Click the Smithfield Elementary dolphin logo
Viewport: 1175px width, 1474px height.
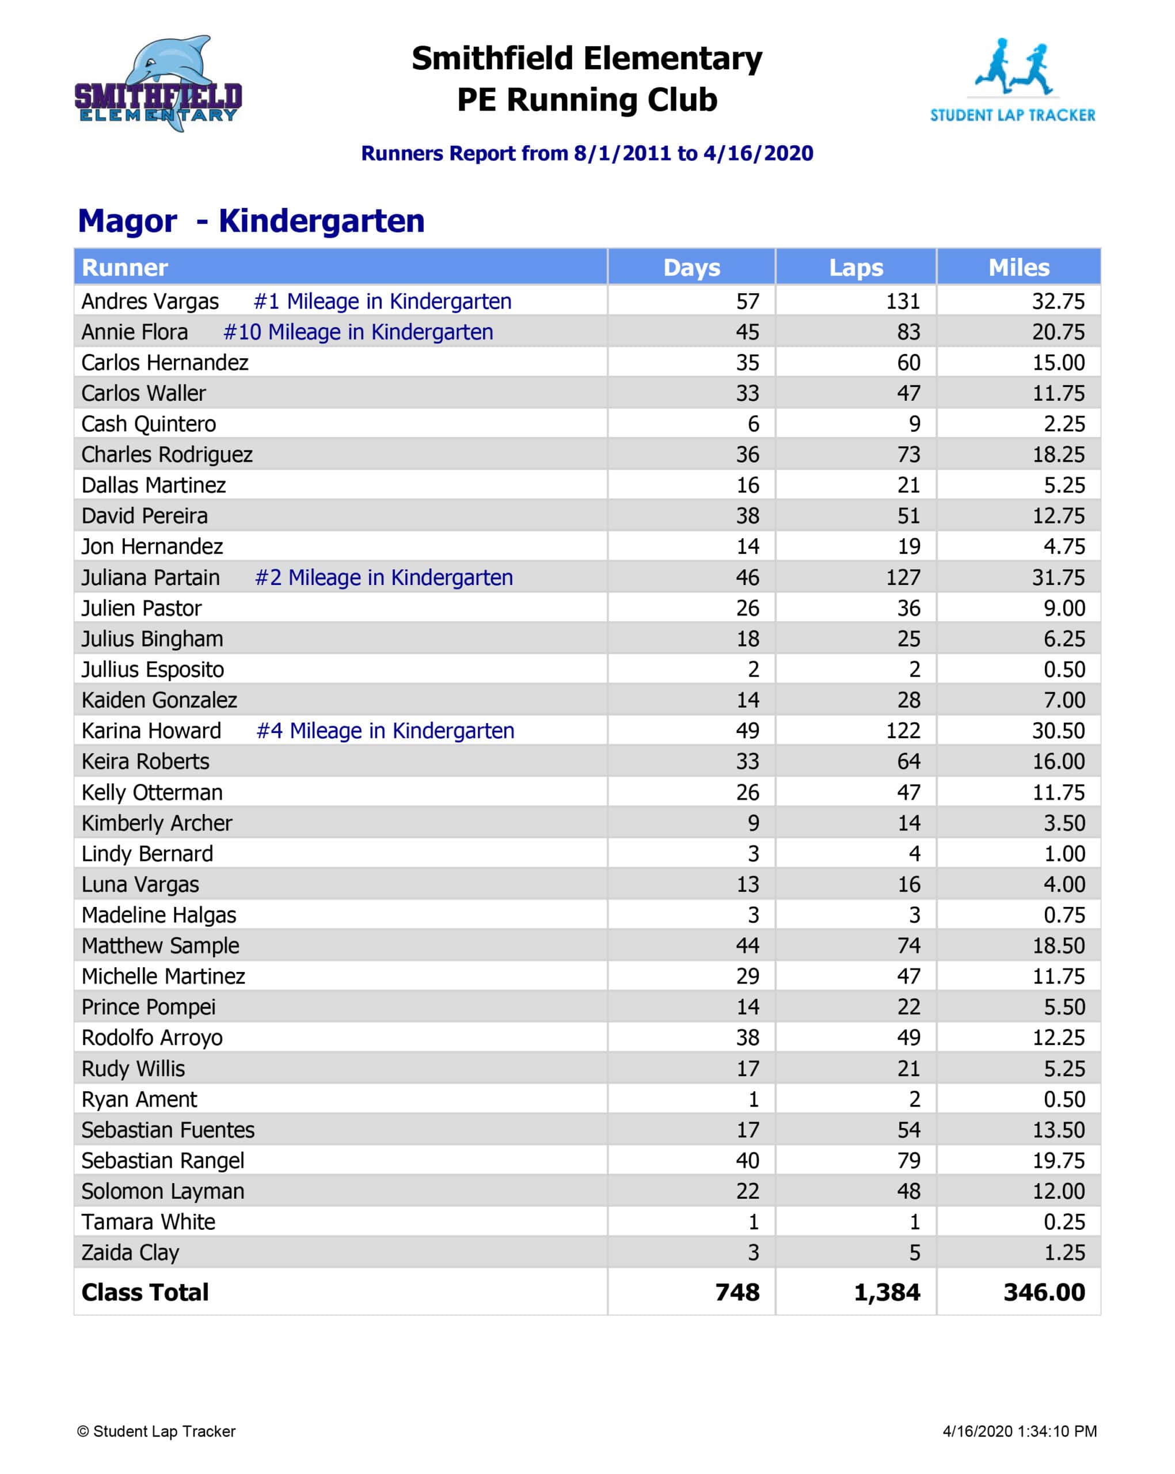coord(158,83)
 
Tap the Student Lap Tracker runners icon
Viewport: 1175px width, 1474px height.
coord(1013,67)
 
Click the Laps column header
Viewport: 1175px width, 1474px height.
coord(856,267)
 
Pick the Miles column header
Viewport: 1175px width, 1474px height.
coord(1018,267)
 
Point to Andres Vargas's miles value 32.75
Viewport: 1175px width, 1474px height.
coord(1058,302)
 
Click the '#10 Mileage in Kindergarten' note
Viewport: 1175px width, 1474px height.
coord(358,332)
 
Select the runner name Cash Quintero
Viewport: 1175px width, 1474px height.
coord(149,424)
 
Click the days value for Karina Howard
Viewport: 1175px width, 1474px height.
coord(747,731)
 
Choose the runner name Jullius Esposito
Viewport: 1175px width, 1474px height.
coord(153,669)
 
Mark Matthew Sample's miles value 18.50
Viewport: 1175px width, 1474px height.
coord(1058,945)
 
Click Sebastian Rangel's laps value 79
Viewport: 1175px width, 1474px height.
coord(908,1160)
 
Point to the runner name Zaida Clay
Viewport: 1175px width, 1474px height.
coord(130,1252)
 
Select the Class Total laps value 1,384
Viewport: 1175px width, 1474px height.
coord(887,1292)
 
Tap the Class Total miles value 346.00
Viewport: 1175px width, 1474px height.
coord(1044,1292)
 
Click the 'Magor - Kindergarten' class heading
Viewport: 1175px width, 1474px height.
coord(251,221)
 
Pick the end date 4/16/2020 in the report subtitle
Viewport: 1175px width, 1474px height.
coord(758,153)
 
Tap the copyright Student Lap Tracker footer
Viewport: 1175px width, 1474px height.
coord(157,1431)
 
